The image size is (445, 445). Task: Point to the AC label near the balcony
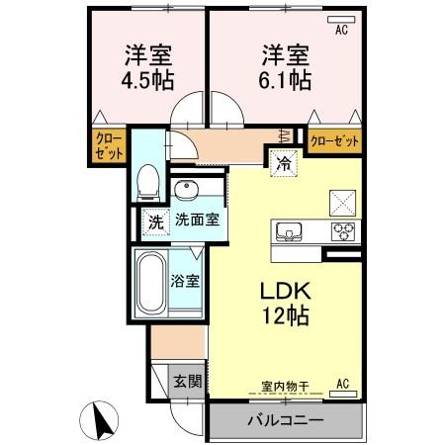click(x=343, y=384)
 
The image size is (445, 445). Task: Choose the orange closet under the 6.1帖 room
click(x=334, y=141)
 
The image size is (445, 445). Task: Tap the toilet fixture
click(x=149, y=178)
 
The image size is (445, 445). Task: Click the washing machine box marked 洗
click(x=154, y=222)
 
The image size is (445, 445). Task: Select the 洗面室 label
click(x=197, y=222)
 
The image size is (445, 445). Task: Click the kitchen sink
click(x=290, y=231)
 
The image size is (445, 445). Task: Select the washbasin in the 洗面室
click(x=185, y=189)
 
